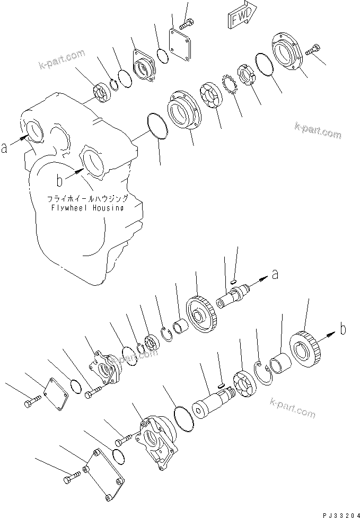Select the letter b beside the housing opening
(60, 181)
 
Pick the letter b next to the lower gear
(343, 329)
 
